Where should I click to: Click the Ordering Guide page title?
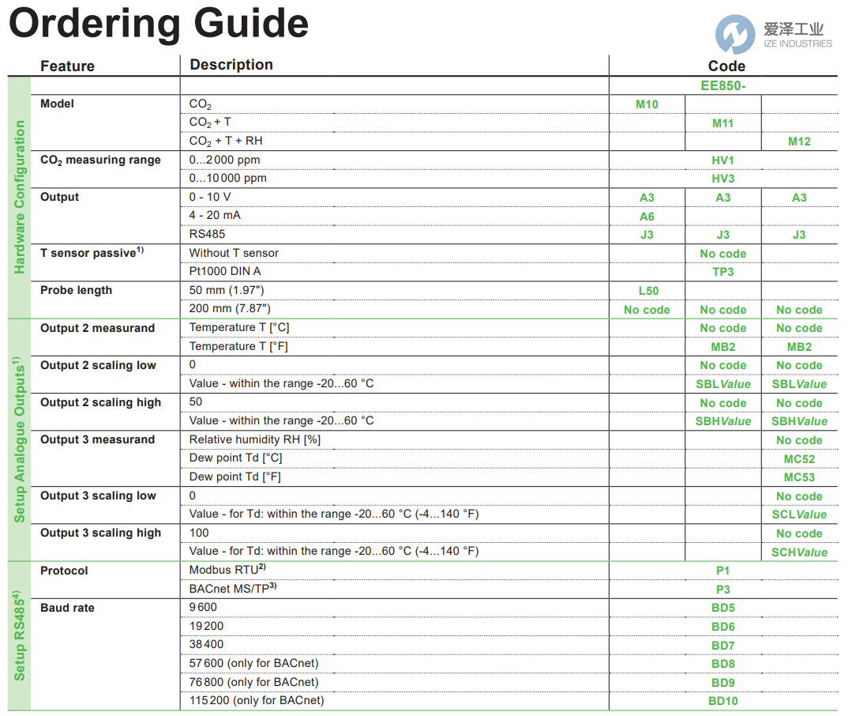[158, 24]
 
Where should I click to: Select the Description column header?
[231, 65]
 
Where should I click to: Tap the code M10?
[647, 104]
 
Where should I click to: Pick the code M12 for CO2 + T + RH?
[799, 141]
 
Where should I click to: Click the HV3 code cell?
[722, 179]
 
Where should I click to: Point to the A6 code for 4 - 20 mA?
[647, 217]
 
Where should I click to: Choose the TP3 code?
[722, 272]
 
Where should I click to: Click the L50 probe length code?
[647, 291]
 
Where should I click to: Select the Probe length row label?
[77, 290]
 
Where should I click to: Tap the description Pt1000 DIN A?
[225, 271]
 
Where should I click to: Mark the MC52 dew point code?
[799, 459]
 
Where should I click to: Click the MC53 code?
[799, 477]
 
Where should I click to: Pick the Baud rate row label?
[67, 608]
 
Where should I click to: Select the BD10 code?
[722, 701]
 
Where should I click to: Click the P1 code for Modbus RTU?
[722, 571]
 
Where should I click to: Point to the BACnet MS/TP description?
[233, 589]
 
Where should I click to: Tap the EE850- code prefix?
[722, 85]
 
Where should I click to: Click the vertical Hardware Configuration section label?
[20, 198]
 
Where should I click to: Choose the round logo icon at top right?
[735, 35]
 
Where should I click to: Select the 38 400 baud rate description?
[207, 644]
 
